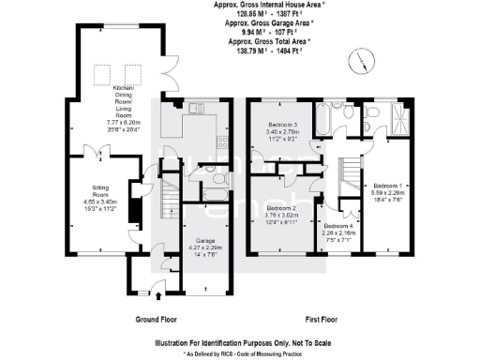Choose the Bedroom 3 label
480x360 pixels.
[x=281, y=129]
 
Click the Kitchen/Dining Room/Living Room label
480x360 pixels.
[x=127, y=102]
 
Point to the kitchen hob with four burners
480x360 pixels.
[x=222, y=142]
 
